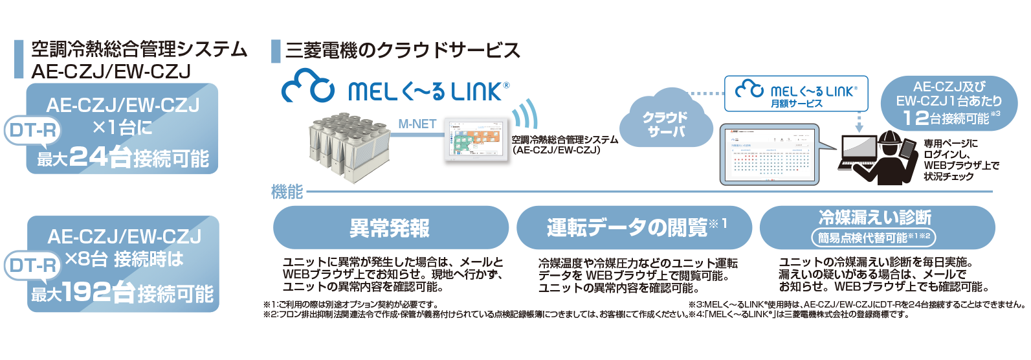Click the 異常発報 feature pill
[x=390, y=228]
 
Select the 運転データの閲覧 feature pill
[x=634, y=228]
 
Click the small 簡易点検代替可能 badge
[x=874, y=238]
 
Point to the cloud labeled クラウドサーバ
[x=665, y=123]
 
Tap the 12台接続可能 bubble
[x=948, y=103]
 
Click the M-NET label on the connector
[x=417, y=124]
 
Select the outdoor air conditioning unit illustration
[x=349, y=146]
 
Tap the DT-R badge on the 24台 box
[x=32, y=131]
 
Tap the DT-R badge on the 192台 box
[x=32, y=265]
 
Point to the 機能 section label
[x=287, y=191]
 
